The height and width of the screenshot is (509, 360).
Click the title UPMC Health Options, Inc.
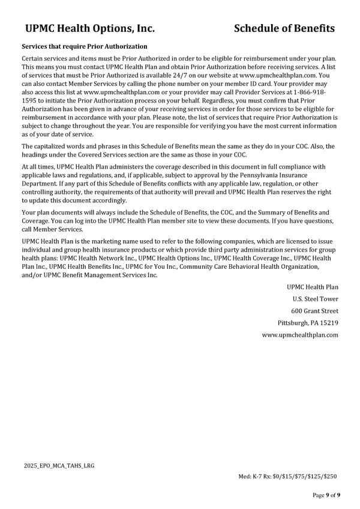click(90, 28)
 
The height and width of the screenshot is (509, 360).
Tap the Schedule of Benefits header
click(284, 28)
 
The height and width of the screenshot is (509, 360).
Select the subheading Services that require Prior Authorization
click(85, 46)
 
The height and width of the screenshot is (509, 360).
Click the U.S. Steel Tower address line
click(315, 299)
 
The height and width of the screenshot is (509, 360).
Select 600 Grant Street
click(314, 311)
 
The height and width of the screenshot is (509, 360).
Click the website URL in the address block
click(300, 335)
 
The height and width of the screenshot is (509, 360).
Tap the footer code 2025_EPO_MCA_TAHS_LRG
click(59, 466)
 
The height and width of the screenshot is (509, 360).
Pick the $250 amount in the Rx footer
click(329, 477)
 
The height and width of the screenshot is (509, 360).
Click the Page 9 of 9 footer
click(326, 495)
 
